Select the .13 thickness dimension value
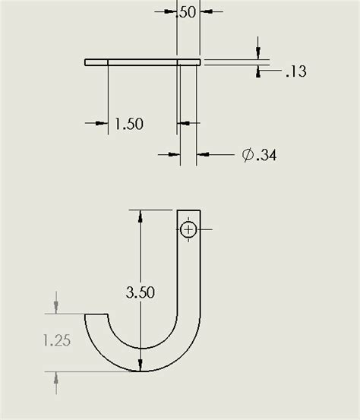(295, 71)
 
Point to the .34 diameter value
(266, 155)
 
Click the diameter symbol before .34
(248, 155)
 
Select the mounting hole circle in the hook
(188, 229)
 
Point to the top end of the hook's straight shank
(189, 210)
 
